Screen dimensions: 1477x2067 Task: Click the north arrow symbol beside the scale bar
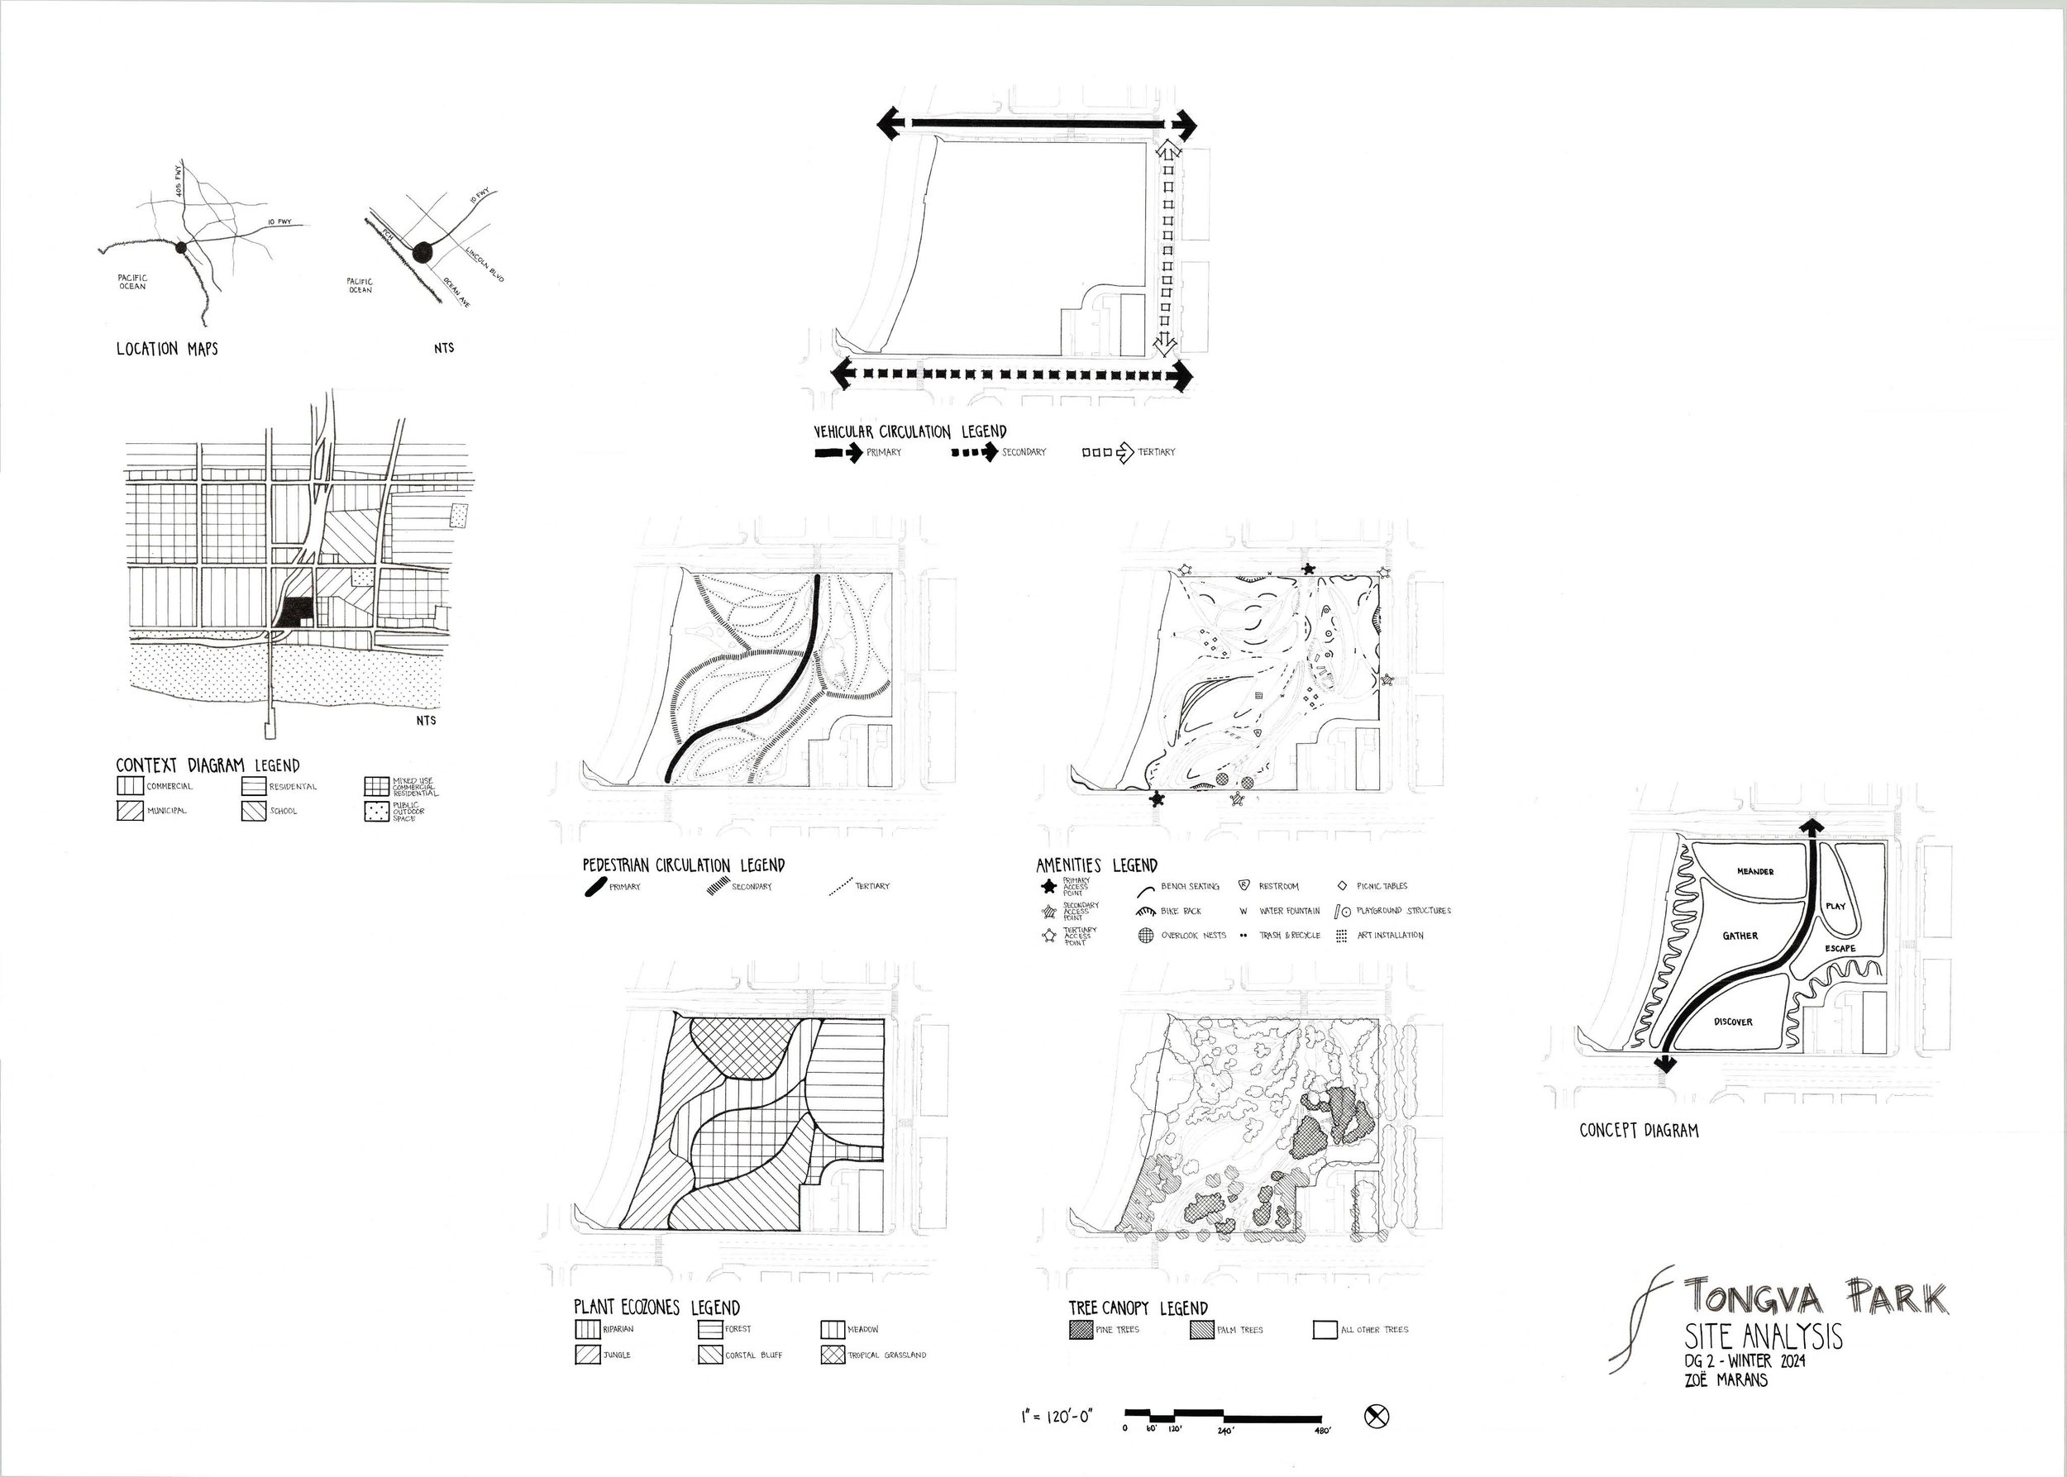click(x=1378, y=1416)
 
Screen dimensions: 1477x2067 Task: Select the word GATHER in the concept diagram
click(x=1740, y=936)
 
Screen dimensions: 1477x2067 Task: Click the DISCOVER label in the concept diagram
click(x=1732, y=1022)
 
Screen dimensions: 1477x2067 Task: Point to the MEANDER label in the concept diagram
click(x=1755, y=871)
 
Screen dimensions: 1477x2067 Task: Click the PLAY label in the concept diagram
click(x=1835, y=906)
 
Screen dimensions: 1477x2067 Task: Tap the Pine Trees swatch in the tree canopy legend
click(x=1080, y=1330)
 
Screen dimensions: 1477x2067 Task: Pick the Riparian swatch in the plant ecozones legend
click(x=587, y=1330)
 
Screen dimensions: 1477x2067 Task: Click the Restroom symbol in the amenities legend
click(x=1244, y=885)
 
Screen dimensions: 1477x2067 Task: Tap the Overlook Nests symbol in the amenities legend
click(x=1145, y=935)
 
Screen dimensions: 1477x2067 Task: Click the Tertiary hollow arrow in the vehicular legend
click(x=1125, y=451)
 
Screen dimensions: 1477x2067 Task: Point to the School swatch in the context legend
click(x=253, y=810)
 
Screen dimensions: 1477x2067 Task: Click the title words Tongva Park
click(x=1815, y=1297)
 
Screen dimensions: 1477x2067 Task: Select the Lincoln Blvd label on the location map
click(x=483, y=263)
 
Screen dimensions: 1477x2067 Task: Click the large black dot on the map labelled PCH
click(x=421, y=254)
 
